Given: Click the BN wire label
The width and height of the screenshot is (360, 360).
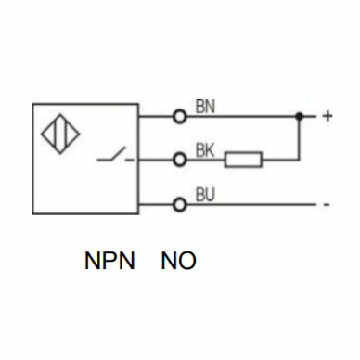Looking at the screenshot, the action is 205,107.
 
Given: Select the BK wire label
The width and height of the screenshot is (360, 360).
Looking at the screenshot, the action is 205,150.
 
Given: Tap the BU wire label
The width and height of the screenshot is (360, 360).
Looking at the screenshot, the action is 205,195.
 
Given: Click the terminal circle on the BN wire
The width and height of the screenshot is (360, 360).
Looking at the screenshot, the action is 180,117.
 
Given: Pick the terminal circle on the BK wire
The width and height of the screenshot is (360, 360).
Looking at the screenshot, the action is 180,160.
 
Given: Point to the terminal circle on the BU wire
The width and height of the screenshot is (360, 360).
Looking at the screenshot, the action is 180,204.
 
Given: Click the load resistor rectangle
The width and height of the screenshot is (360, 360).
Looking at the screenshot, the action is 243,160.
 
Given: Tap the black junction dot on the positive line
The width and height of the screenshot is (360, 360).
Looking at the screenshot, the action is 299,117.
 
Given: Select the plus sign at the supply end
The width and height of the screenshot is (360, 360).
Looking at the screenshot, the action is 328,116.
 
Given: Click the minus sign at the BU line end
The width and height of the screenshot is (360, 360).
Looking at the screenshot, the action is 326,205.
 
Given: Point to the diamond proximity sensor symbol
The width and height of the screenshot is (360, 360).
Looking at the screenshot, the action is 60,135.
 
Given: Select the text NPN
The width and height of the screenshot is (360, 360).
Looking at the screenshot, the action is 109,261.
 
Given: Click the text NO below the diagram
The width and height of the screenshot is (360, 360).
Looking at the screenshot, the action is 179,261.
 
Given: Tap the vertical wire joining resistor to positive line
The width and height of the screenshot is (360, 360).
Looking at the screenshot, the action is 299,138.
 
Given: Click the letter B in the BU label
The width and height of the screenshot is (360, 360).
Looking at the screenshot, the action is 200,195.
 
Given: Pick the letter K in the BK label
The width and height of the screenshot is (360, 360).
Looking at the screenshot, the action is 210,150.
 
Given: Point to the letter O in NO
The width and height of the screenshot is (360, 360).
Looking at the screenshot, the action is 187,261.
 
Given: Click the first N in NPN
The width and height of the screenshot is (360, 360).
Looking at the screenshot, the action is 92,261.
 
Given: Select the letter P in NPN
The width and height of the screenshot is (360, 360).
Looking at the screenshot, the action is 109,261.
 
